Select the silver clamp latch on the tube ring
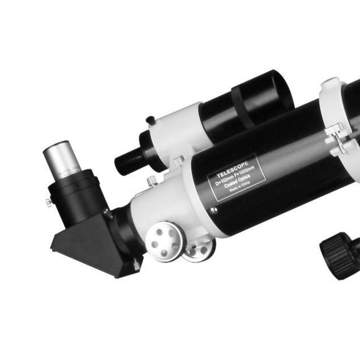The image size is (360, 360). click(336, 141)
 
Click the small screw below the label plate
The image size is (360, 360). click(213, 209)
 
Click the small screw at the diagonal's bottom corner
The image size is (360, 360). click(137, 265)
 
